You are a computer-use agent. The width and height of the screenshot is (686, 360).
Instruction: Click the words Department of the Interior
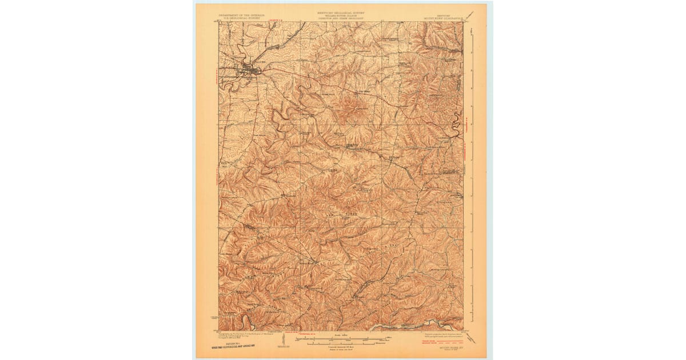tap(239, 15)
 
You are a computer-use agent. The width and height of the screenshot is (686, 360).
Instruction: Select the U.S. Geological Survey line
tap(239, 18)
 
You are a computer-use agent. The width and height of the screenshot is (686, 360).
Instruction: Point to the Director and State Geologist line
tap(341, 18)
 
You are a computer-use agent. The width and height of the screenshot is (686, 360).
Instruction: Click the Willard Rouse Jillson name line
tap(341, 14)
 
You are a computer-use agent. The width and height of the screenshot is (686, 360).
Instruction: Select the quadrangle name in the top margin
tap(445, 18)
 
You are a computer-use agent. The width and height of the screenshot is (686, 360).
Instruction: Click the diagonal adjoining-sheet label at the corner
tap(470, 15)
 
